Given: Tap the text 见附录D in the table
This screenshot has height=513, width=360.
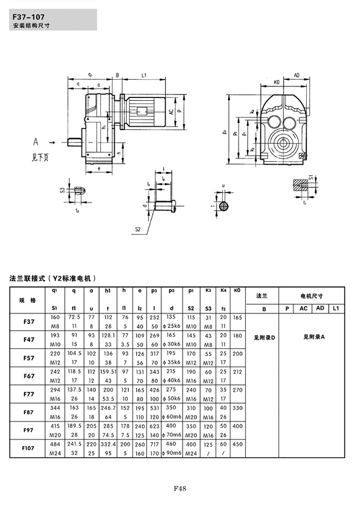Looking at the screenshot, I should (x=264, y=337).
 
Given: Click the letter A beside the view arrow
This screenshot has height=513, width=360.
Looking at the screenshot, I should (x=35, y=141).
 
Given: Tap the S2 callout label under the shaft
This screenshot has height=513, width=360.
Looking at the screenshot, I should (x=137, y=229).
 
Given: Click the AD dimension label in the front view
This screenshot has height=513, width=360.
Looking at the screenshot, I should (x=297, y=75).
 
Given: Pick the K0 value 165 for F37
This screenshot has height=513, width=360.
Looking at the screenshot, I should (x=238, y=318).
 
